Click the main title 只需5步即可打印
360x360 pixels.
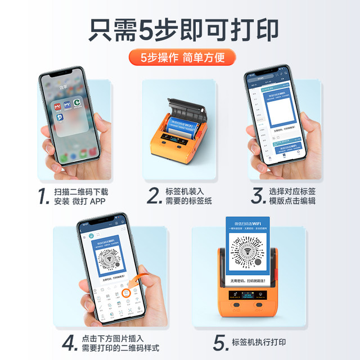(180, 29)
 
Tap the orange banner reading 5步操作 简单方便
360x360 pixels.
(180, 58)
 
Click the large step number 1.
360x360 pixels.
(42, 196)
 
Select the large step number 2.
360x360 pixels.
(154, 196)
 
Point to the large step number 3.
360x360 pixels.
(258, 196)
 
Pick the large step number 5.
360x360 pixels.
(219, 342)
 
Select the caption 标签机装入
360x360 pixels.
(184, 190)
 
